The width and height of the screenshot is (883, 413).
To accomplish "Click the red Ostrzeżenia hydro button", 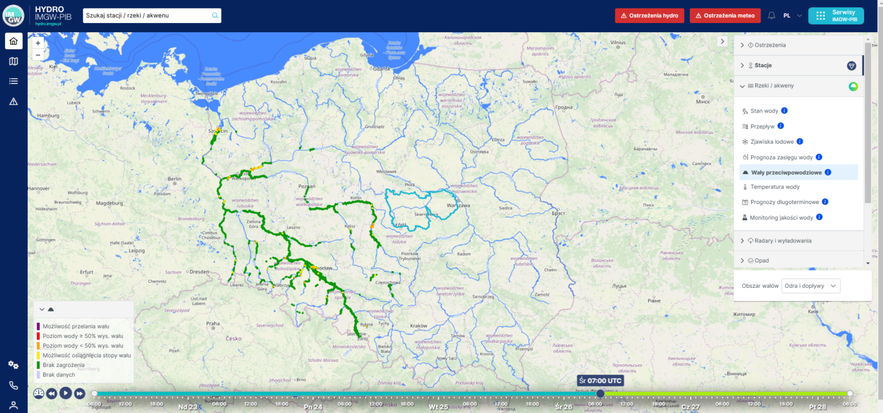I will click(649, 16).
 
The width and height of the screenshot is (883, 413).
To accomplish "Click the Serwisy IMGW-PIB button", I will click(843, 16).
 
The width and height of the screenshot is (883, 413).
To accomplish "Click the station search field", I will click(148, 16).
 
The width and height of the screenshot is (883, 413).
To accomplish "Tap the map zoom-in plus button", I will click(38, 43).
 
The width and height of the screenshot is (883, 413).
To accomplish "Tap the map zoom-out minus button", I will click(38, 55).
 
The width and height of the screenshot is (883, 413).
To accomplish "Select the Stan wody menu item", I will click(764, 111).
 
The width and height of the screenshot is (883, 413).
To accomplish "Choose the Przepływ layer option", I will click(763, 126).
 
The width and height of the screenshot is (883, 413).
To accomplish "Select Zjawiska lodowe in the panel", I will click(771, 142).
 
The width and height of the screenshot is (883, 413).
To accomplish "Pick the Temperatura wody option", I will click(775, 187).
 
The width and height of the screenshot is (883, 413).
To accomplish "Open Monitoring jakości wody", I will click(781, 218).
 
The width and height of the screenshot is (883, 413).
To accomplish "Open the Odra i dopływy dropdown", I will click(811, 285).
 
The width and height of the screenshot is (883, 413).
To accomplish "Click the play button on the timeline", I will click(66, 393).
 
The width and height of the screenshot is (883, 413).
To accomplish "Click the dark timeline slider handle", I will click(600, 393).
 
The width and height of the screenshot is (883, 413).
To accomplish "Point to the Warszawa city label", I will click(459, 205).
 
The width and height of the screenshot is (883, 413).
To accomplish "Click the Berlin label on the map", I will click(175, 179).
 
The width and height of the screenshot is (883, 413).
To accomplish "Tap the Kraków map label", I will click(419, 326).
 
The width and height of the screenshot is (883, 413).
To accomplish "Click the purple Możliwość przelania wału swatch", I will click(38, 326).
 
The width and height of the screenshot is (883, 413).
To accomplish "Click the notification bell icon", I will click(771, 16).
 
